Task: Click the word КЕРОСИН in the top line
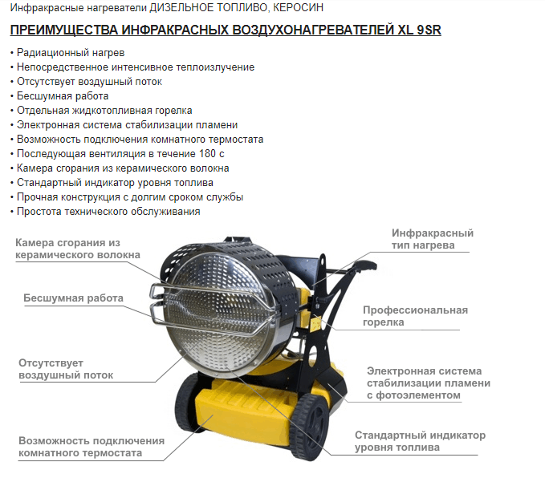(298, 7)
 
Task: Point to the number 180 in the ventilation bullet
(207, 153)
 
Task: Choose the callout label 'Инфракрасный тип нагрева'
(433, 239)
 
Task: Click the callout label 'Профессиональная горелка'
(415, 316)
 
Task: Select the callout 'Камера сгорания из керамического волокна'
(78, 249)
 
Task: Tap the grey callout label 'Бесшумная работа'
(73, 298)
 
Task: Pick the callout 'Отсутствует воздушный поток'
(66, 369)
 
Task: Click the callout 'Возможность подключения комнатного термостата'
(92, 447)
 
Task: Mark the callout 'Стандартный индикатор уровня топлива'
(420, 441)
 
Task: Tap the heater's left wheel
(187, 399)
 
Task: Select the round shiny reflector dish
(218, 313)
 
